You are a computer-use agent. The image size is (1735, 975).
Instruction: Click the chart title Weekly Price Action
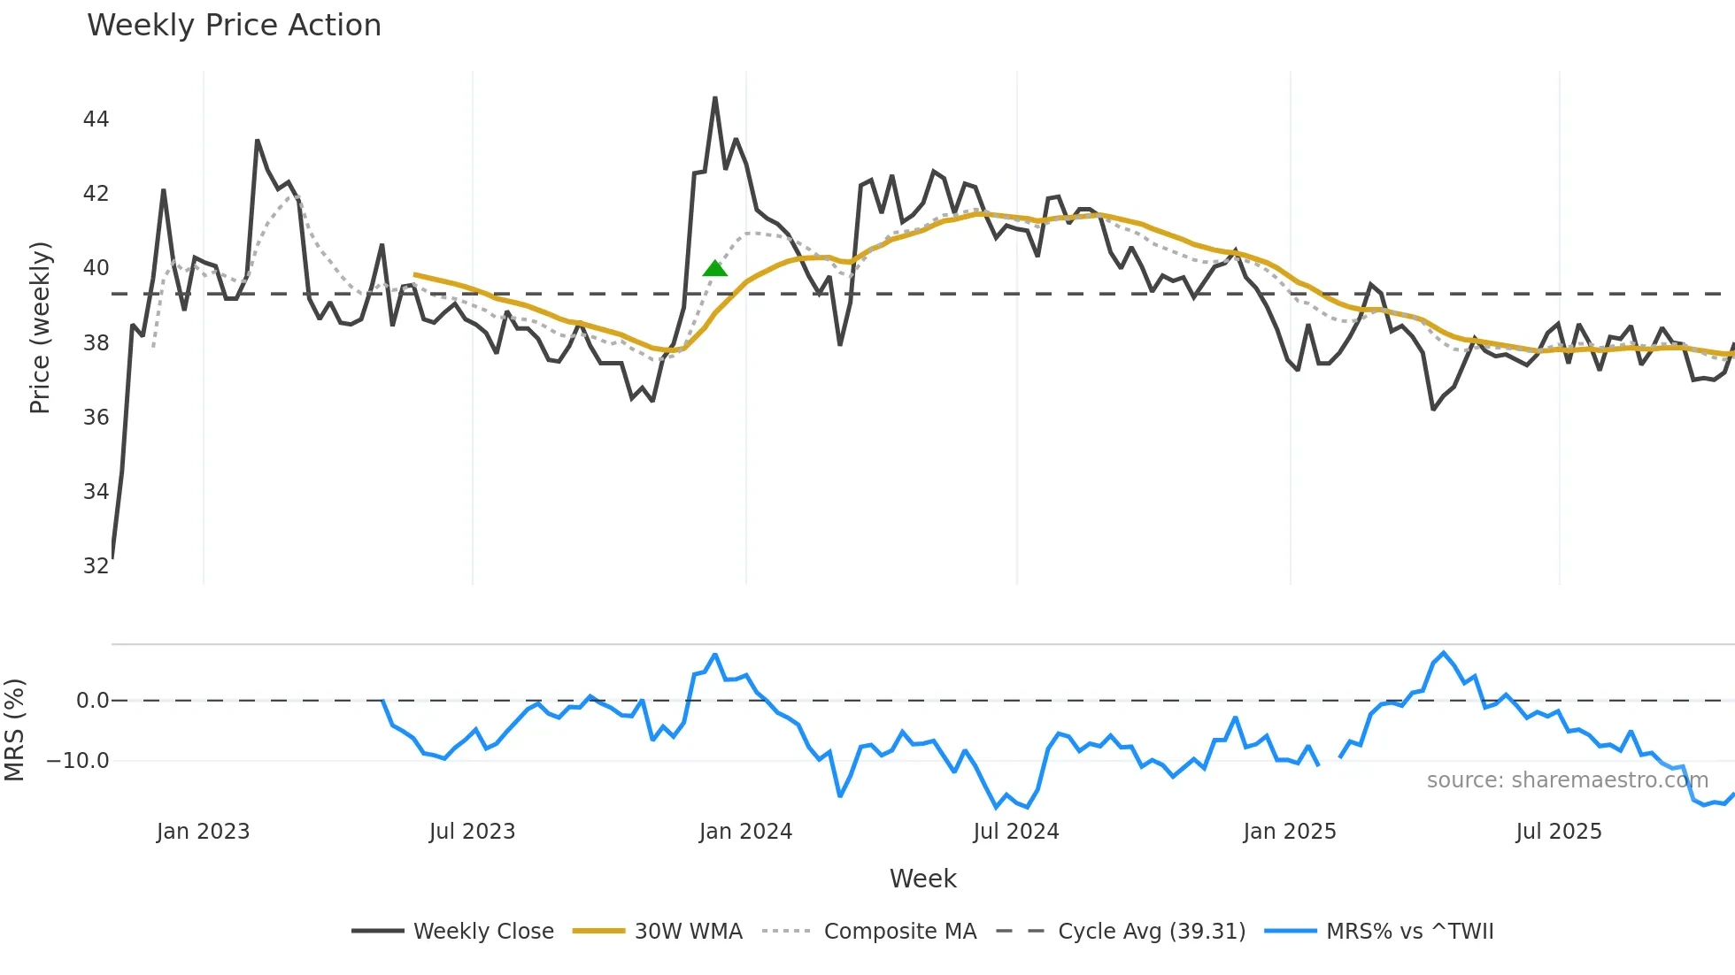click(x=234, y=26)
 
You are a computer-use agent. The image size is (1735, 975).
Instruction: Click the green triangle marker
click(x=714, y=268)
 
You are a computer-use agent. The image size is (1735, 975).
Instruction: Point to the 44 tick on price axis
click(x=96, y=119)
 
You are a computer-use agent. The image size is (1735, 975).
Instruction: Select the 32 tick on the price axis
click(x=96, y=565)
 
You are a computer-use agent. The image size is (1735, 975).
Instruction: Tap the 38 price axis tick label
click(x=96, y=342)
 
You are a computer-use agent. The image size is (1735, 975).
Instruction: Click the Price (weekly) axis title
click(x=40, y=327)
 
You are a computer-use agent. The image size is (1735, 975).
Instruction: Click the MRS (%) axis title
click(x=14, y=730)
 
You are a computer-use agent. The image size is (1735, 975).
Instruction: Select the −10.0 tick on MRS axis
click(x=78, y=761)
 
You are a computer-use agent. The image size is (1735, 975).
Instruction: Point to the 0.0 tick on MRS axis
click(x=92, y=701)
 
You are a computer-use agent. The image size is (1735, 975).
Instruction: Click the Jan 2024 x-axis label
click(x=745, y=832)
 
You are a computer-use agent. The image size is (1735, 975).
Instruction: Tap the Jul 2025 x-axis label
click(x=1559, y=832)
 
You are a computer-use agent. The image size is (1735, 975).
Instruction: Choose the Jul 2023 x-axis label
click(x=472, y=832)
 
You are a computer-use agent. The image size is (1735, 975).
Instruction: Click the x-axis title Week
click(x=922, y=879)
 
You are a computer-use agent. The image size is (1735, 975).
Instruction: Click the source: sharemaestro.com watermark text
click(x=1567, y=780)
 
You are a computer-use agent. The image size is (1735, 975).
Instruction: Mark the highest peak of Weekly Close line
click(x=715, y=98)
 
